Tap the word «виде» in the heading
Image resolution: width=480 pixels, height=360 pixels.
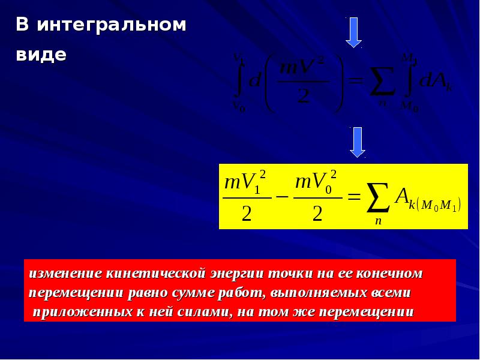(x=41, y=55)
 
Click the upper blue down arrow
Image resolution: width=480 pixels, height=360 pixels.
(x=354, y=32)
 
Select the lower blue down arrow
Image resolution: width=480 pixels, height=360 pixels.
(x=358, y=142)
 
